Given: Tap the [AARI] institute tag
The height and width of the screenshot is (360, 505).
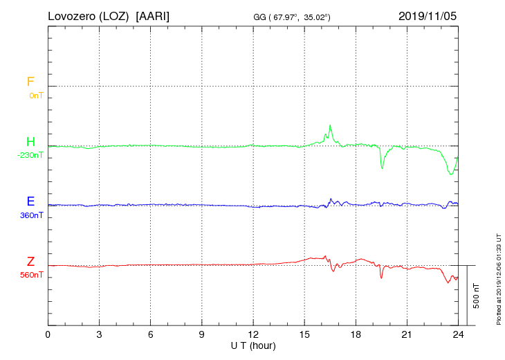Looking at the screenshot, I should point(153,15).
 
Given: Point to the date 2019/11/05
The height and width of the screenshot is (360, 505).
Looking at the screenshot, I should point(428,15).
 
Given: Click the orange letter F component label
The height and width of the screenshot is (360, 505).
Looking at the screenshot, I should point(30,82).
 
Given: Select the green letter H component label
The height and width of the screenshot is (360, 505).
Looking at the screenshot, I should point(30,142).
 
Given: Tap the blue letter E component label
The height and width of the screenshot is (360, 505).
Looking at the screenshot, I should point(30,201).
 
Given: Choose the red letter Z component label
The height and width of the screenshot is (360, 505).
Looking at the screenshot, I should point(30,262).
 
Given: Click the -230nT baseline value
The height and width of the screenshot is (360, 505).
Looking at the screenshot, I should point(30,155).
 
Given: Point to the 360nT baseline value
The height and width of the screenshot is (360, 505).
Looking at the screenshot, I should point(32,215).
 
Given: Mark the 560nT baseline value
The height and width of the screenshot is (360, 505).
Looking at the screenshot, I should point(32,275).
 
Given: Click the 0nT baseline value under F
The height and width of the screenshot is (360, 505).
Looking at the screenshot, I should point(36,95).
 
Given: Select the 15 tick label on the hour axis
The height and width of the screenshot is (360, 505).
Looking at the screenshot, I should point(304,334).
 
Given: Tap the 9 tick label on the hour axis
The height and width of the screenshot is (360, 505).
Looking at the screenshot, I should point(202,334).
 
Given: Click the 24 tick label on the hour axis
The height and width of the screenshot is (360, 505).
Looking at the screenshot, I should point(458,334).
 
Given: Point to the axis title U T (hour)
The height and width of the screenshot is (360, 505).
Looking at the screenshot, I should point(253,345).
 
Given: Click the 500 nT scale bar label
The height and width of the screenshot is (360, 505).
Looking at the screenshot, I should point(477,296).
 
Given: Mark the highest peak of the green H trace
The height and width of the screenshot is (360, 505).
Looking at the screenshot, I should point(331,125).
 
